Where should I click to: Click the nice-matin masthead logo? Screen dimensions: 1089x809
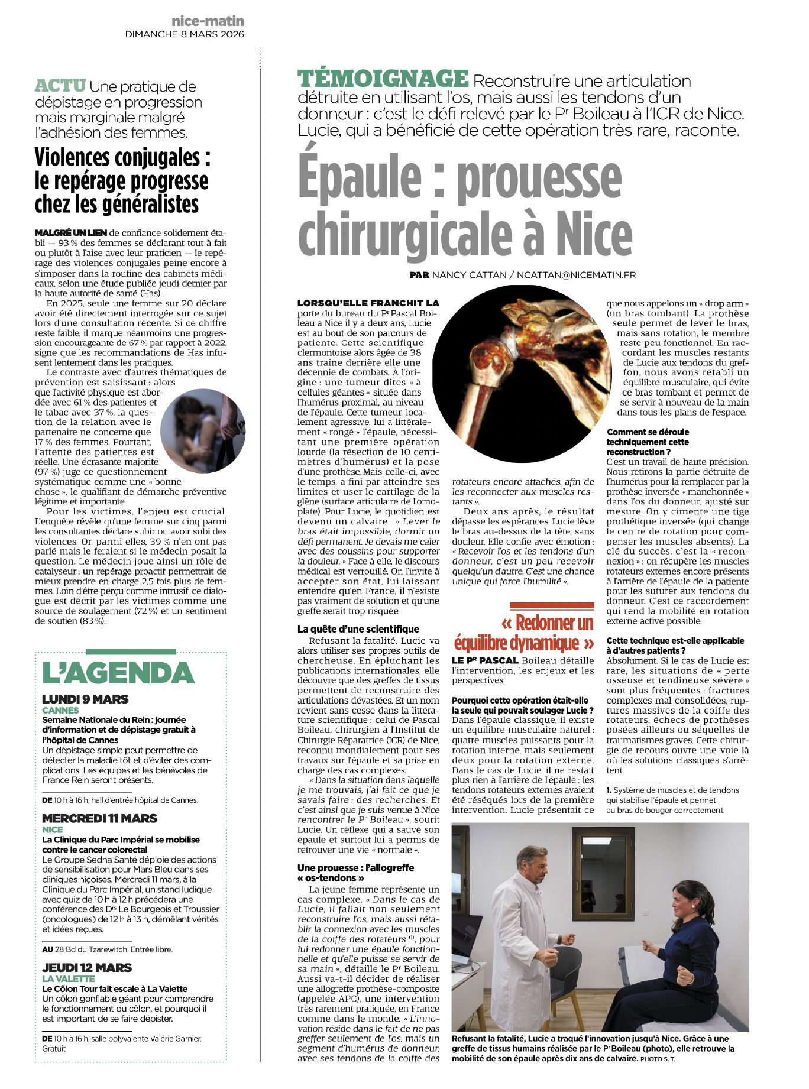tap(208, 21)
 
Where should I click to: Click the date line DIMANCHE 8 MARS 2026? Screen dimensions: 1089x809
tap(185, 34)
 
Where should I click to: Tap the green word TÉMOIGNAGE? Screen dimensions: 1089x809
tap(383, 79)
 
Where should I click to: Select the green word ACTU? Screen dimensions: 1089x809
tap(60, 86)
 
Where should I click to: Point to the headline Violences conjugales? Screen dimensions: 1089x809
tap(122, 158)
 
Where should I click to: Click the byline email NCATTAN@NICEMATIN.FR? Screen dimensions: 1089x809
tap(576, 275)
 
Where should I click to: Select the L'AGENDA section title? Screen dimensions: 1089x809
tap(118, 673)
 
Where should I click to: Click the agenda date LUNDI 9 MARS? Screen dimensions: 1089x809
tap(85, 699)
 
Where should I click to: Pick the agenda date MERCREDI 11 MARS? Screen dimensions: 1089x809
tap(99, 818)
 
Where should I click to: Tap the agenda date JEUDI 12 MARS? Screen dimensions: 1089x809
tap(87, 967)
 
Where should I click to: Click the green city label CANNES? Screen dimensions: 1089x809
tap(60, 710)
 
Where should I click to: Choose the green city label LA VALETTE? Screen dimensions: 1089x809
tap(68, 978)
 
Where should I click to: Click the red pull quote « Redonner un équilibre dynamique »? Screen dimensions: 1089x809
tap(524, 633)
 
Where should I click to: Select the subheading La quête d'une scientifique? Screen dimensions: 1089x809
tap(358, 629)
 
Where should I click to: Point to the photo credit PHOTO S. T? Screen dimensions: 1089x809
tap(658, 1058)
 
